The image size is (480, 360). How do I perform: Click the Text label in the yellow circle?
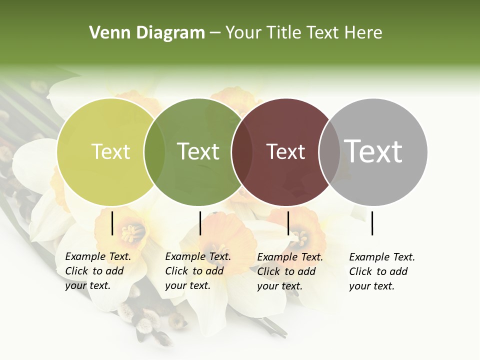coord(110,151)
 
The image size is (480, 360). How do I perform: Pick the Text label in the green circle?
coord(198,151)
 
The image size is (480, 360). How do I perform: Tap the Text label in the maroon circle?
coord(285,151)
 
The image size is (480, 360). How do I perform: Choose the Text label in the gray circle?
coord(373,151)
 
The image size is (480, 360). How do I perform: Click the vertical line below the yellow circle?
coord(112,223)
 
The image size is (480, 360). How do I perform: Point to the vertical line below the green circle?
coord(200,223)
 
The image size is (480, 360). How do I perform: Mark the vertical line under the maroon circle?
coord(288,223)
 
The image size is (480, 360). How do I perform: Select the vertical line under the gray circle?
coord(372,223)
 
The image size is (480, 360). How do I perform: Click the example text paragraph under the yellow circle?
coord(98,271)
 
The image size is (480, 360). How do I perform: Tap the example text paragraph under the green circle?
coord(198,271)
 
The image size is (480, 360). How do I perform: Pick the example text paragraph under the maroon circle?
coord(290,271)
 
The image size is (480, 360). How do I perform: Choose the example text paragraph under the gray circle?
coord(382,271)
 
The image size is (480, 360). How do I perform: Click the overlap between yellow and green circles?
coord(154,151)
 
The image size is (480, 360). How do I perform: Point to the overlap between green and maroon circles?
coord(242,151)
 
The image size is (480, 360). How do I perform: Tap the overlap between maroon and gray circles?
coord(329,151)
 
